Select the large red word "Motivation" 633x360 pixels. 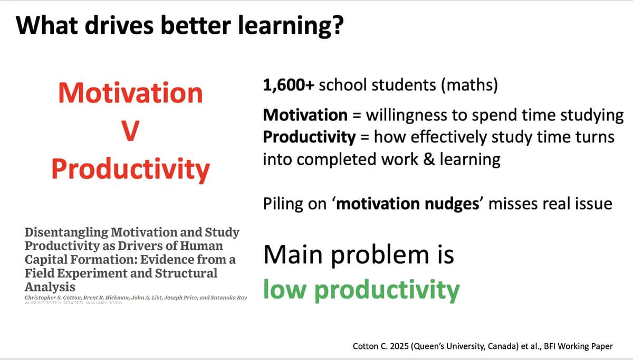(x=130, y=93)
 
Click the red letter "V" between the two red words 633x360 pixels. (x=130, y=131)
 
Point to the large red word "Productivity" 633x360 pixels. (x=130, y=168)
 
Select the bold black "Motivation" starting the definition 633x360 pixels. (x=304, y=115)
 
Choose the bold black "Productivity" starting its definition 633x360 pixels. (x=309, y=137)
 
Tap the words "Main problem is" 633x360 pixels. (x=358, y=255)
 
